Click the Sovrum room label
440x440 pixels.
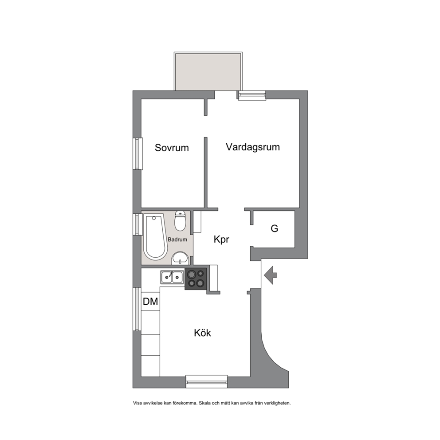click(x=172, y=148)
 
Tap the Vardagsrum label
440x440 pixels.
click(x=253, y=147)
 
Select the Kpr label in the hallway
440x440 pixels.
click(x=221, y=240)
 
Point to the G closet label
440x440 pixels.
click(x=274, y=228)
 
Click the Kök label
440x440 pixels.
click(x=202, y=333)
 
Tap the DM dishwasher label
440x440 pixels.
click(x=150, y=301)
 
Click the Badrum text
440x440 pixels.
click(x=177, y=240)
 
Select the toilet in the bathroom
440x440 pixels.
click(x=180, y=220)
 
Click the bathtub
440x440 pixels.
click(x=155, y=236)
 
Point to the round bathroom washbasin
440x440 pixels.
click(x=180, y=258)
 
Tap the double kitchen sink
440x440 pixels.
click(x=172, y=277)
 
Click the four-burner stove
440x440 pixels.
click(x=196, y=279)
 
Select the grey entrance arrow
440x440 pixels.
click(x=270, y=275)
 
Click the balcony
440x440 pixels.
click(x=208, y=71)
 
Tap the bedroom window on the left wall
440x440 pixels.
click(x=137, y=153)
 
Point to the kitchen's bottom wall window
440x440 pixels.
click(x=207, y=381)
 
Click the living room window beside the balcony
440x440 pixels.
click(x=251, y=95)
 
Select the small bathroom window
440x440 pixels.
click(x=137, y=224)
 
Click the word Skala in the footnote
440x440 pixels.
click(x=204, y=403)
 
